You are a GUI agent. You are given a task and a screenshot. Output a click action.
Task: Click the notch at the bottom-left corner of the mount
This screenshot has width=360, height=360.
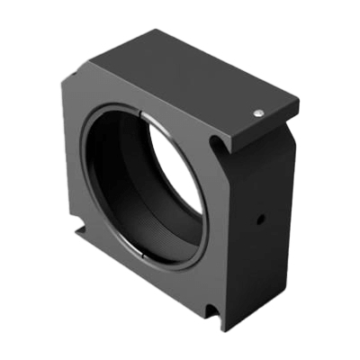pyautogui.click(x=83, y=235)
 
